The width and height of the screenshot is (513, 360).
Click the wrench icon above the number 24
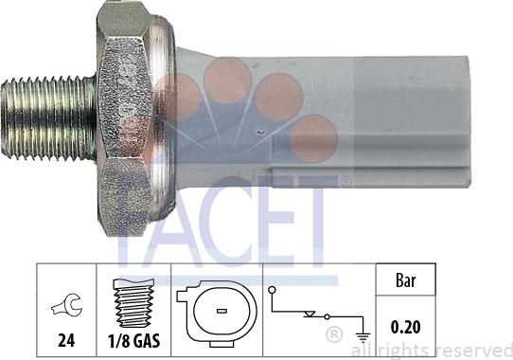pyautogui.click(x=68, y=305)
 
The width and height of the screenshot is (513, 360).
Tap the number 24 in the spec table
pyautogui.click(x=66, y=340)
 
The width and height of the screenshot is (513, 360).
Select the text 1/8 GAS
pyautogui.click(x=133, y=341)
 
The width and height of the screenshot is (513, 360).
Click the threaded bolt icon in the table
pyautogui.click(x=133, y=303)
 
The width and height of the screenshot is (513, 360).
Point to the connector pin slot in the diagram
pyautogui.click(x=221, y=311)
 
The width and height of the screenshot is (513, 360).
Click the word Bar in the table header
pyautogui.click(x=406, y=280)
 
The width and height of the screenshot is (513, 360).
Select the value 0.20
pyautogui.click(x=405, y=327)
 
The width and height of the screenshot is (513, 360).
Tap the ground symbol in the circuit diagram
pyautogui.click(x=363, y=337)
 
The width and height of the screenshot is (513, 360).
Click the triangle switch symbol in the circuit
pyautogui.click(x=310, y=315)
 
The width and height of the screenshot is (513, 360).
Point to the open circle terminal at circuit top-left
pyautogui.click(x=272, y=290)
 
